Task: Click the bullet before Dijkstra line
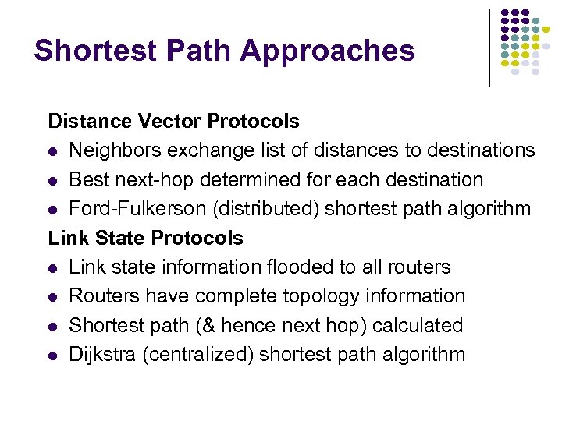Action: pyautogui.click(x=53, y=356)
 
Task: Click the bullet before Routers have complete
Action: pyautogui.click(x=53, y=297)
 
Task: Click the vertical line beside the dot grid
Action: pyautogui.click(x=489, y=47)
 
